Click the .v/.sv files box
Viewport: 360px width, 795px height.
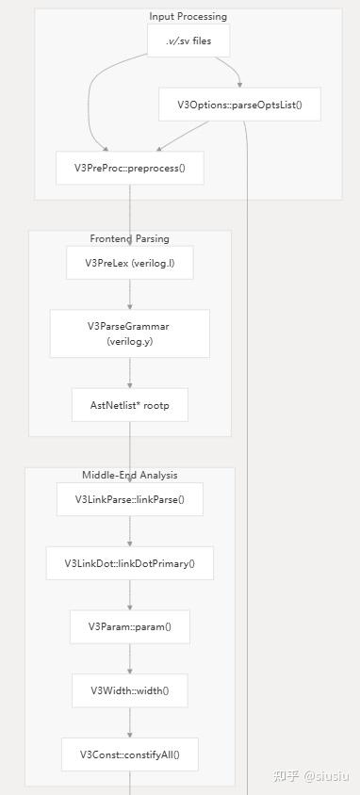[x=188, y=41]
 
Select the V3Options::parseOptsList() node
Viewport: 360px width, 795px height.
[x=239, y=105]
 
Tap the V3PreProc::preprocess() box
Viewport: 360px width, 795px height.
[x=130, y=168]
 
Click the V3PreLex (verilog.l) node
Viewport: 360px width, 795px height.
[x=130, y=263]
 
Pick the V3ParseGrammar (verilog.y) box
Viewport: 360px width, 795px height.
[x=130, y=333]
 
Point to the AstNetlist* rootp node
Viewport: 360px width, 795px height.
[x=130, y=405]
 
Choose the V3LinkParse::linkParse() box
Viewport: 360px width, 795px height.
[x=130, y=499]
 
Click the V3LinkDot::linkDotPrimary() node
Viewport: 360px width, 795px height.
[x=130, y=563]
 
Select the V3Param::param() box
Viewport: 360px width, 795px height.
[x=130, y=626]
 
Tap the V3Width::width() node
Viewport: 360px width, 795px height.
[x=130, y=690]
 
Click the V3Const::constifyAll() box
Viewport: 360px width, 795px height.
[x=130, y=754]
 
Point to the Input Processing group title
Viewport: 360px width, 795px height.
[x=188, y=17]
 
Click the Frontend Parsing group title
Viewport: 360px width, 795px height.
[x=130, y=239]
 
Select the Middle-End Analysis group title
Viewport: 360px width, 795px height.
[x=130, y=476]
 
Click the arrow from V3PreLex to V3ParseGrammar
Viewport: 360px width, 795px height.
[x=130, y=295]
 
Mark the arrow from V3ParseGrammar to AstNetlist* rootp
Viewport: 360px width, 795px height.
[x=130, y=373]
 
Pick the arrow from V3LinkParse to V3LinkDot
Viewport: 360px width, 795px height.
[x=130, y=531]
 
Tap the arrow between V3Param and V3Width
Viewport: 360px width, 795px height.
[x=130, y=658]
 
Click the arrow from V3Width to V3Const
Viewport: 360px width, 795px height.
[x=130, y=722]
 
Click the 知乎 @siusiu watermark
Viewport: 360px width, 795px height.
[x=310, y=775]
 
